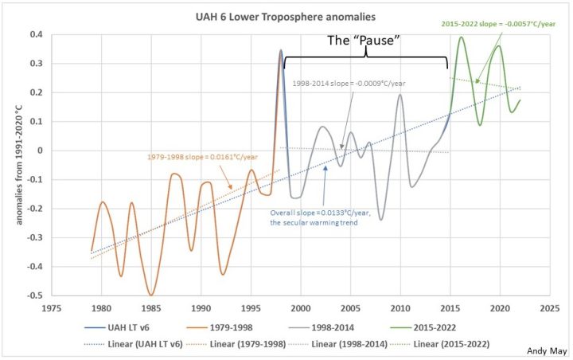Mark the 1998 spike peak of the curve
(280, 51)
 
